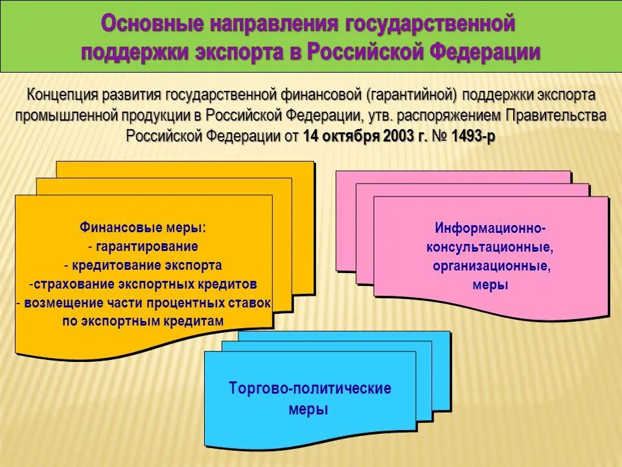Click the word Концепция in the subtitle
[x=62, y=95]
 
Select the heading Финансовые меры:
[x=143, y=228]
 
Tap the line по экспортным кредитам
[x=143, y=322]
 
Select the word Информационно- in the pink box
[x=490, y=228]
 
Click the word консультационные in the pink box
[x=490, y=247]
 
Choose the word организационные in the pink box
[x=491, y=266]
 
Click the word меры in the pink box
[x=490, y=285]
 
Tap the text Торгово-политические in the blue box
[x=310, y=389]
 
